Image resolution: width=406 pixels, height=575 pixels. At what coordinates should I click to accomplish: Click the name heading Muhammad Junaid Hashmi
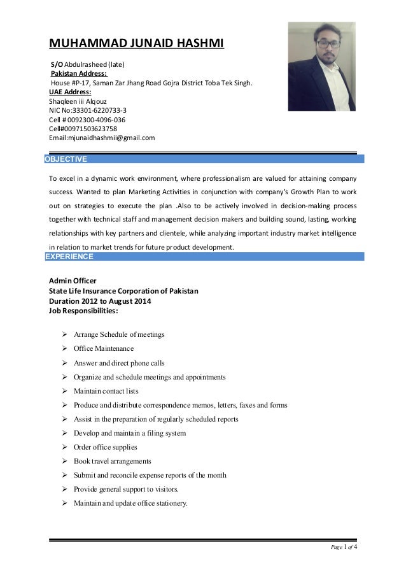click(137, 44)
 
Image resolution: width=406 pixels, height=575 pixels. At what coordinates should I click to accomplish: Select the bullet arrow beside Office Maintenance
click(65, 349)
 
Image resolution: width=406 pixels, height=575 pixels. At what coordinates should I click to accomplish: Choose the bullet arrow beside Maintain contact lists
click(65, 391)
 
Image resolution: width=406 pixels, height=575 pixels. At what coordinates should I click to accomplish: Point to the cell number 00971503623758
click(83, 128)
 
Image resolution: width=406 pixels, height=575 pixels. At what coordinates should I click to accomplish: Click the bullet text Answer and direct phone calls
click(119, 363)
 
